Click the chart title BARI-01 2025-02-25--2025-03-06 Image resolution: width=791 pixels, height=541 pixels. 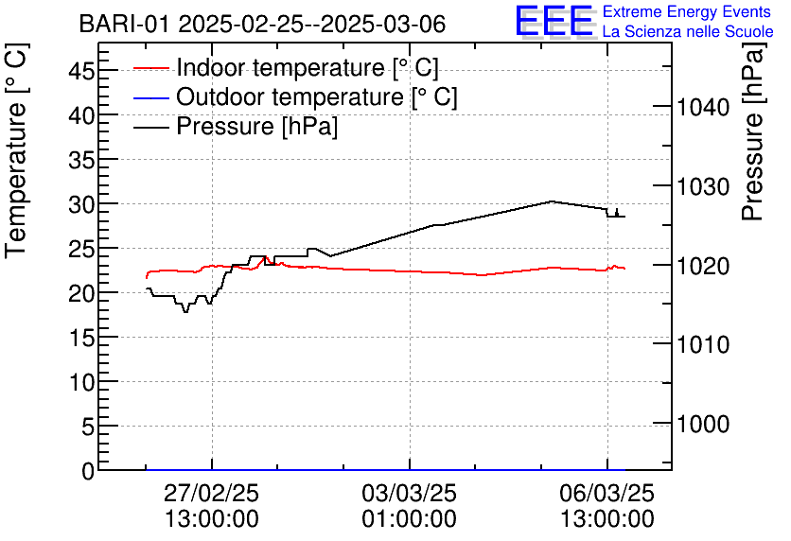click(x=262, y=25)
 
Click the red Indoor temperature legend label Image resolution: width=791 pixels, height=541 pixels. click(x=308, y=67)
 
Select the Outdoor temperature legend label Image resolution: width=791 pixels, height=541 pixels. click(x=317, y=96)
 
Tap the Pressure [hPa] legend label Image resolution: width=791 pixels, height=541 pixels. click(x=256, y=126)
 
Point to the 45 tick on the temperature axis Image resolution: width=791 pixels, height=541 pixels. click(x=81, y=70)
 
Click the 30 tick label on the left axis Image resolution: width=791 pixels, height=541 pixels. click(x=81, y=203)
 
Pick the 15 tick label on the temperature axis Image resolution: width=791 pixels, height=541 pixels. click(x=81, y=338)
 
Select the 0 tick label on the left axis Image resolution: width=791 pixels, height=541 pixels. click(x=88, y=471)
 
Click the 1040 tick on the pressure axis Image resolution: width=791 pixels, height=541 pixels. click(x=703, y=107)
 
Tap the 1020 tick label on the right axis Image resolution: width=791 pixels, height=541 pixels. click(x=703, y=266)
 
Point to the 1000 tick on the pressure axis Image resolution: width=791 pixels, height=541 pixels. click(x=703, y=424)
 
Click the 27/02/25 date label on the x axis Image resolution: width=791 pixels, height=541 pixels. click(x=211, y=493)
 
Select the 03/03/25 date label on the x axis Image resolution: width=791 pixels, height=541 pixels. click(x=409, y=493)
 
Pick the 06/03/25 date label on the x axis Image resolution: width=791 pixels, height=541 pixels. click(x=606, y=493)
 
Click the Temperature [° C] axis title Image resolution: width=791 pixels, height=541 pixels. click(x=16, y=151)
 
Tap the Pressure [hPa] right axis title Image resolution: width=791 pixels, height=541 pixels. click(x=753, y=131)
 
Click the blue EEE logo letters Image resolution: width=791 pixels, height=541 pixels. click(x=554, y=20)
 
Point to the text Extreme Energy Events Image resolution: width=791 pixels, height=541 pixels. click(x=687, y=11)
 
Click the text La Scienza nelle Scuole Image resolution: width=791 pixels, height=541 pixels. click(x=688, y=31)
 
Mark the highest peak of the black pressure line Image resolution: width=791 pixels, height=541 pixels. click(x=552, y=201)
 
